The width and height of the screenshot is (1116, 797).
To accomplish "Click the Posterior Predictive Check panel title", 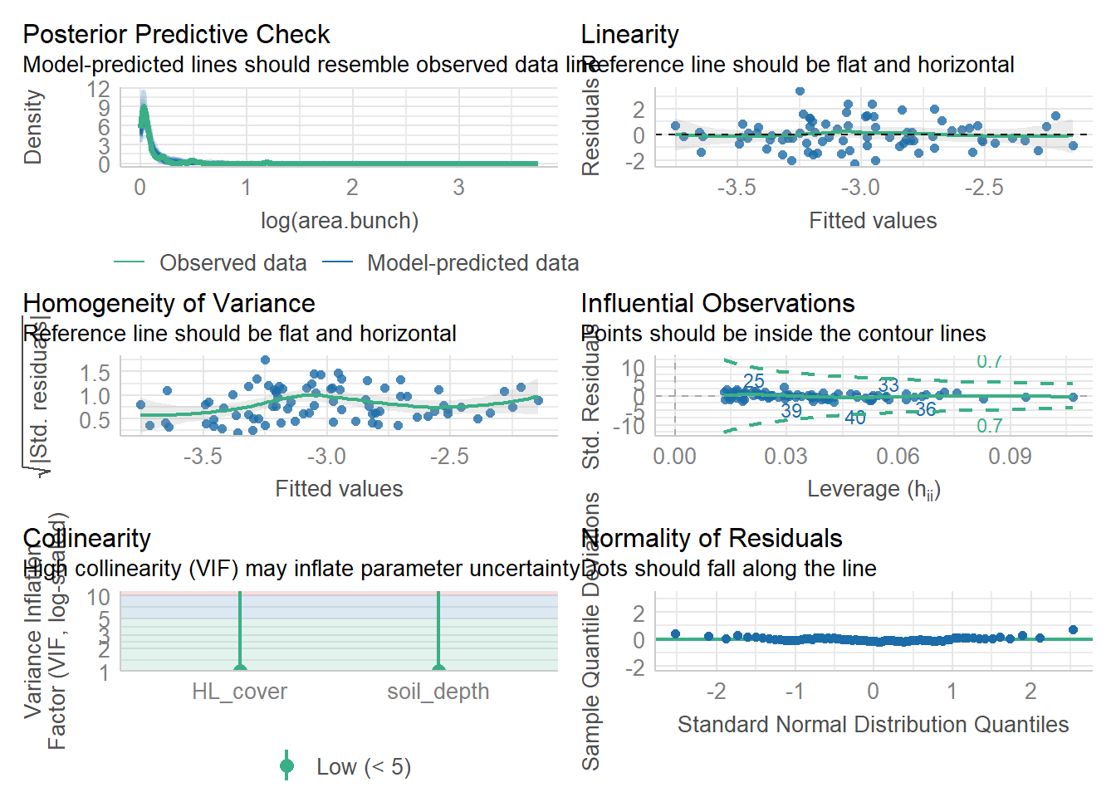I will (x=176, y=35).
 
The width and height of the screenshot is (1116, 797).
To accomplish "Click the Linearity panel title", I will (x=629, y=35).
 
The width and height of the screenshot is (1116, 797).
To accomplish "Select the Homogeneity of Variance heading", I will (x=169, y=304).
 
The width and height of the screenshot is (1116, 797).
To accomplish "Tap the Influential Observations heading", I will (x=717, y=304).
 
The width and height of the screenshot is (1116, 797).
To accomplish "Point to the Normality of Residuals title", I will (x=712, y=539).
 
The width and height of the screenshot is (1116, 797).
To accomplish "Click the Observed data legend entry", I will (x=232, y=263).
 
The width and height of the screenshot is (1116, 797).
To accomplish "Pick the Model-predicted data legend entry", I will (x=472, y=263).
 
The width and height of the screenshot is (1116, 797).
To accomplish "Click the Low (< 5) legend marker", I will (x=287, y=766).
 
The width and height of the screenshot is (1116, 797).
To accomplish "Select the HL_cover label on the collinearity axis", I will (x=239, y=692).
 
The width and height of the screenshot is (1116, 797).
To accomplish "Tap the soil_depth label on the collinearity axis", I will (x=438, y=692).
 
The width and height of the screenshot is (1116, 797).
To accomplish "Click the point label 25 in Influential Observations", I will (x=753, y=381).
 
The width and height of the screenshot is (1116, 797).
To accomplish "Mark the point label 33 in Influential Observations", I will (x=888, y=386).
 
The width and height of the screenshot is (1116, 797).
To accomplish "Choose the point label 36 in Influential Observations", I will (x=926, y=409).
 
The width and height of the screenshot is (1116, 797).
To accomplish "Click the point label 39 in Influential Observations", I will (x=791, y=411).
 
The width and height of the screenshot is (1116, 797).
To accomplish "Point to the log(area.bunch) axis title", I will (x=339, y=221).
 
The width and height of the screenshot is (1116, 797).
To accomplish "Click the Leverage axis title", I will (x=873, y=490).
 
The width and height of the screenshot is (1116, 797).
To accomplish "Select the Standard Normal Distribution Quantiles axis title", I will (x=873, y=725).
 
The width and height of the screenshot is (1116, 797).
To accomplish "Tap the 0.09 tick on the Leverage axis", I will (x=1010, y=457).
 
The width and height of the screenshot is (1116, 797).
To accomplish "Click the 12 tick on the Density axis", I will (x=98, y=89).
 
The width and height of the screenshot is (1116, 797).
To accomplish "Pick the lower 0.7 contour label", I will (x=989, y=427).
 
